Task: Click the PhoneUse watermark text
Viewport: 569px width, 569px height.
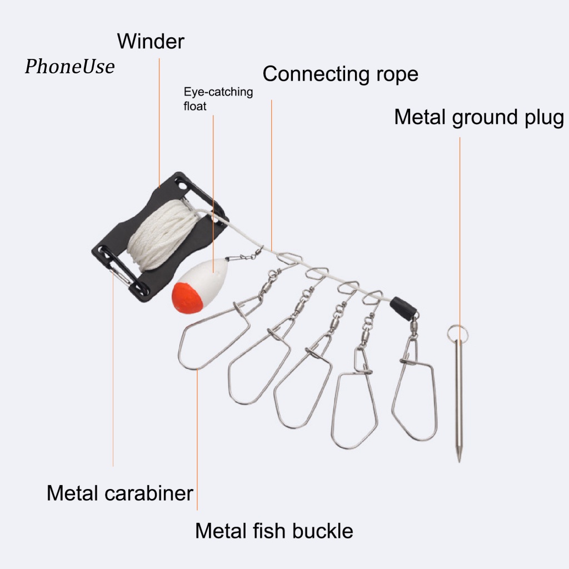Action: [69, 67]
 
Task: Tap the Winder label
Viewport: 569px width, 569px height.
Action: [151, 41]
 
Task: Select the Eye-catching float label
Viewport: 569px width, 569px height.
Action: [218, 98]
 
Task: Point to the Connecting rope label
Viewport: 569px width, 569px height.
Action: [340, 74]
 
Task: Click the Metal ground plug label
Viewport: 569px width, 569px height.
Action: [478, 118]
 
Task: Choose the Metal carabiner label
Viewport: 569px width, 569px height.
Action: [119, 493]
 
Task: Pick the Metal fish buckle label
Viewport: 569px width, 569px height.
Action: [273, 531]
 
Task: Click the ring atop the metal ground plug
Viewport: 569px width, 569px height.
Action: [456, 333]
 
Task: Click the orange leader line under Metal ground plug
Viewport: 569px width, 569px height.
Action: [460, 233]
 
